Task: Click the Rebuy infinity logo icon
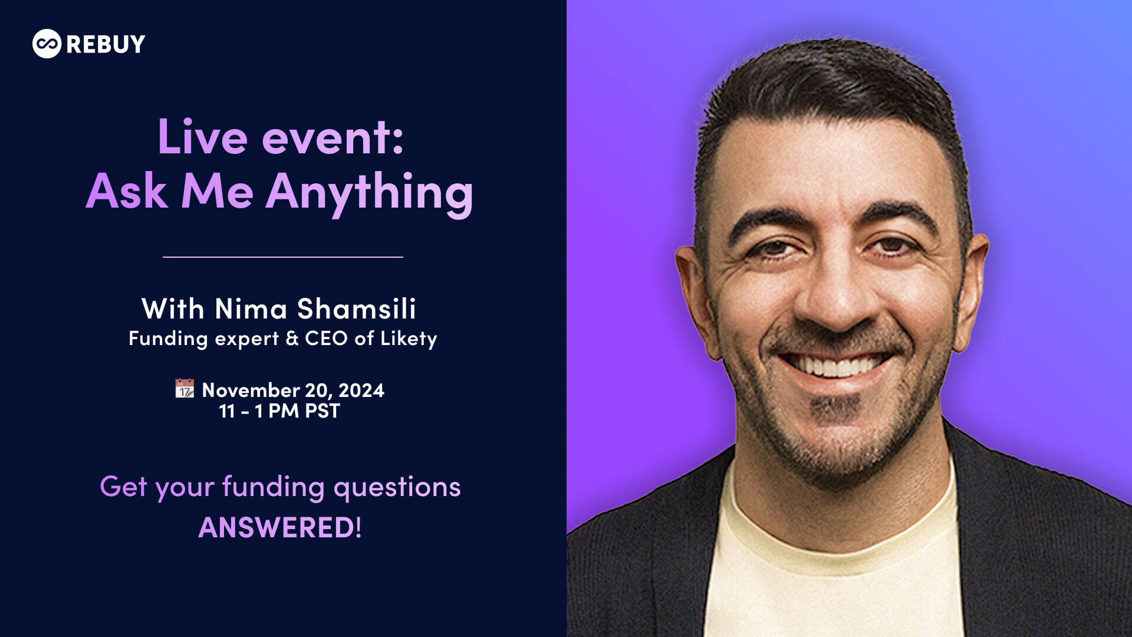click(x=47, y=44)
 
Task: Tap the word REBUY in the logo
click(x=106, y=44)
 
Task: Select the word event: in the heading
click(x=333, y=137)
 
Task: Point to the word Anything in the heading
click(x=369, y=192)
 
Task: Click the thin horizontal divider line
click(x=282, y=257)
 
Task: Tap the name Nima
click(x=251, y=308)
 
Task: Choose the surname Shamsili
click(x=356, y=308)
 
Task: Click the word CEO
click(x=326, y=338)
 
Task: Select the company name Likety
click(x=409, y=339)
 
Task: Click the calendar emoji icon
click(x=185, y=389)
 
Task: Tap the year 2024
click(x=361, y=390)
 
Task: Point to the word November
click(x=251, y=390)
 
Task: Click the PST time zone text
click(x=323, y=411)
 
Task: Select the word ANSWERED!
click(x=280, y=527)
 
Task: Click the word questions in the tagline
click(x=397, y=487)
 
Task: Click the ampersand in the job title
click(x=292, y=338)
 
